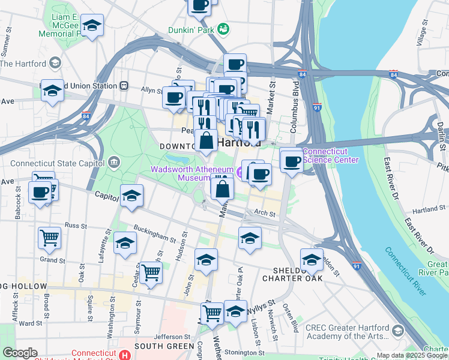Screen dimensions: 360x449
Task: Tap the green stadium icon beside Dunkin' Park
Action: coord(223,28)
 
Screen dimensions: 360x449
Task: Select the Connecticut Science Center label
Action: coord(331,155)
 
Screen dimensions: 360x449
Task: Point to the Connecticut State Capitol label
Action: coord(58,163)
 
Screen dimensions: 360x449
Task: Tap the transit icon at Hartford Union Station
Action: coord(124,86)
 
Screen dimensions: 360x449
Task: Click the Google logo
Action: coord(20,353)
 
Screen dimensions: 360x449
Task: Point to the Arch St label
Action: coord(264,212)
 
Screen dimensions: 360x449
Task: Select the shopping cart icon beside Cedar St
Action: coord(151,272)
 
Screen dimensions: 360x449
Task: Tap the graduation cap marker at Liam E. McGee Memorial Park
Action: coord(92,25)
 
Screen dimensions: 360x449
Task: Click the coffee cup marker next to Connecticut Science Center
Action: coord(292,161)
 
